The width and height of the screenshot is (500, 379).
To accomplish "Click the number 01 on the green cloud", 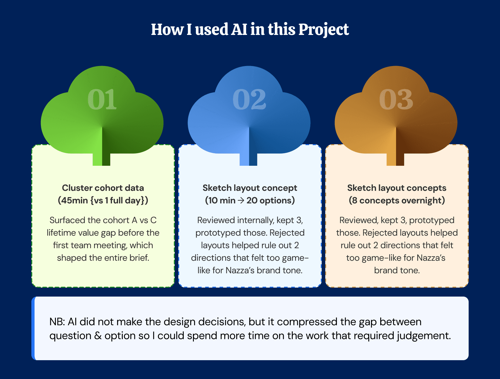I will coord(102,100).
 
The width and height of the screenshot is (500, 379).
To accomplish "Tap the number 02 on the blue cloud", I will coord(249,100).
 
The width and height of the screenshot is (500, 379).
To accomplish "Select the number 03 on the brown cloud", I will coord(396,100).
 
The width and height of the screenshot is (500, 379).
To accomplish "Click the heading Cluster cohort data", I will coord(103,188).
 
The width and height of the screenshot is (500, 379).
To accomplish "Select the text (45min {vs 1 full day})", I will coord(103,200).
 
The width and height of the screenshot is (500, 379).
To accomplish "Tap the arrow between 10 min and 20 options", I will coord(241,201).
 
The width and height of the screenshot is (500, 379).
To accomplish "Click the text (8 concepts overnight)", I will coord(397,200).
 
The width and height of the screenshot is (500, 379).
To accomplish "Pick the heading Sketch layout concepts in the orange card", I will coord(397,188).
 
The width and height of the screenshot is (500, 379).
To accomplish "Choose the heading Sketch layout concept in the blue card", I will coord(250,188).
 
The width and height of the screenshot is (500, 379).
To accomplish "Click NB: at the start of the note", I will coord(57,322).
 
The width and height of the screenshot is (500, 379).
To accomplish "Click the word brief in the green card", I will coord(139,258).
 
